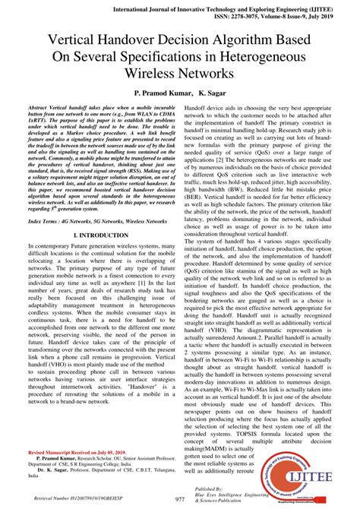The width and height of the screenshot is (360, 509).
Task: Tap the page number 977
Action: click(x=180, y=499)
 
